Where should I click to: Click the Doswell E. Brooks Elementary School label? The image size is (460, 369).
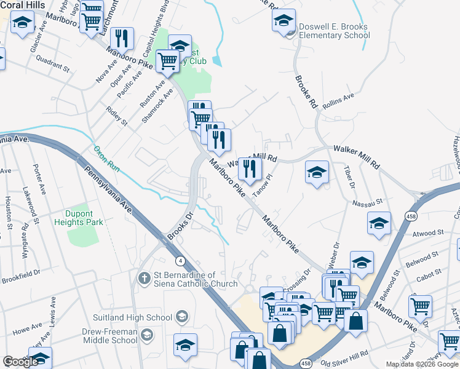pyautogui.click(x=333, y=31)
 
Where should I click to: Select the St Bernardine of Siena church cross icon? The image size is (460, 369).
pyautogui.click(x=144, y=279)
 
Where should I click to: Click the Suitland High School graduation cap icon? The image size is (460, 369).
pyautogui.click(x=181, y=317)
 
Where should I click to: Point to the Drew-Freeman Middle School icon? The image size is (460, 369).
pyautogui.click(x=146, y=335)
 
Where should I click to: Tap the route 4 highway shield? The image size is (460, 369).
pyautogui.click(x=180, y=261)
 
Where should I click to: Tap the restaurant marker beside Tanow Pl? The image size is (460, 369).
pyautogui.click(x=250, y=168)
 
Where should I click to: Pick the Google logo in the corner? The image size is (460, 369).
pyautogui.click(x=21, y=362)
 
